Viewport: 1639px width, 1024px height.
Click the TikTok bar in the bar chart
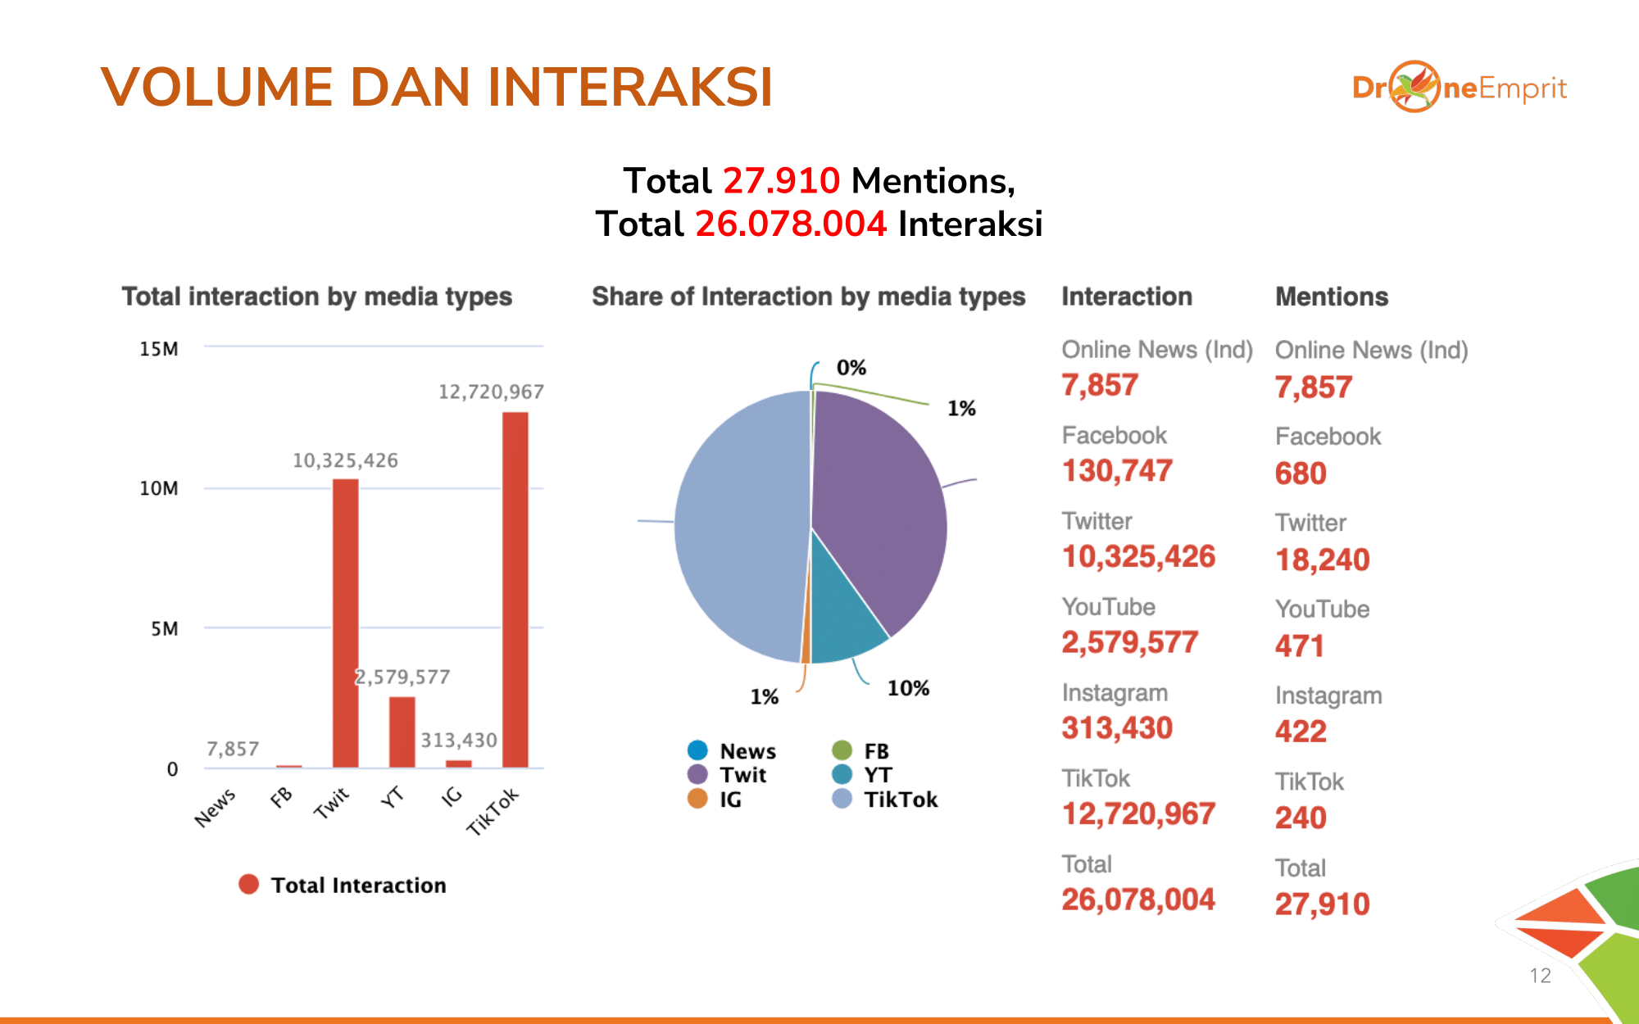pyautogui.click(x=515, y=590)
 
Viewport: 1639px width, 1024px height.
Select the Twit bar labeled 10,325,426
pyautogui.click(x=345, y=623)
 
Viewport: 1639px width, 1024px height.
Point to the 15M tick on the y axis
pyautogui.click(x=159, y=349)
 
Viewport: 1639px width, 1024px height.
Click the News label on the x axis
pyautogui.click(x=216, y=808)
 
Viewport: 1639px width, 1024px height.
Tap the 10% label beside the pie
pyautogui.click(x=908, y=688)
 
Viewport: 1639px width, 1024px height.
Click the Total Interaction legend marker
pyautogui.click(x=248, y=885)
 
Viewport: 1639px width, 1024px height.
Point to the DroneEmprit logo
pyautogui.click(x=1460, y=87)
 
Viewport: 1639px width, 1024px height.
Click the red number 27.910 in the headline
pyautogui.click(x=781, y=180)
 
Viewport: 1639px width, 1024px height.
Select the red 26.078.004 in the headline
pyautogui.click(x=791, y=224)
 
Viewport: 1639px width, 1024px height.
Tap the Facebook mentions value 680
pyautogui.click(x=1301, y=473)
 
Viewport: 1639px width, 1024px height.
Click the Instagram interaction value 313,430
pyautogui.click(x=1117, y=727)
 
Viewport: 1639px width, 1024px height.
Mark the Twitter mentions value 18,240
pyautogui.click(x=1322, y=560)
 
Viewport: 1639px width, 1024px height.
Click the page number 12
pyautogui.click(x=1540, y=976)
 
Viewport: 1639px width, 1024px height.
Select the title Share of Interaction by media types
pyautogui.click(x=808, y=297)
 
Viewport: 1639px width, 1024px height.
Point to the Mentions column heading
pyautogui.click(x=1332, y=297)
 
